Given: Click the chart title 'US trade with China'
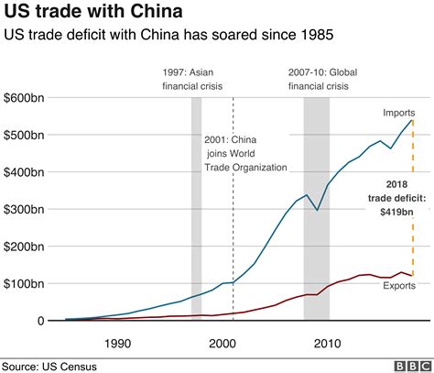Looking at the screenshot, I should (91, 13).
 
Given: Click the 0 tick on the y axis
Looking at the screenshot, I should (40, 321).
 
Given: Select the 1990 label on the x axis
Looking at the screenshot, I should (117, 343).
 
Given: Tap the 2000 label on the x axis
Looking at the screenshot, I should (223, 343).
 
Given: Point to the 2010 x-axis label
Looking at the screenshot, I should (329, 343).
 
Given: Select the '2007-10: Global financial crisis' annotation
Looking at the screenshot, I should (317, 78).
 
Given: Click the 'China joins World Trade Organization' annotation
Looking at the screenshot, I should (245, 153).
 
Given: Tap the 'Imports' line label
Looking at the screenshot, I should (399, 113).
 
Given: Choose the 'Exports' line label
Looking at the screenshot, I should (399, 287).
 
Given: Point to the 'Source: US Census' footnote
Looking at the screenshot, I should (49, 366).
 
